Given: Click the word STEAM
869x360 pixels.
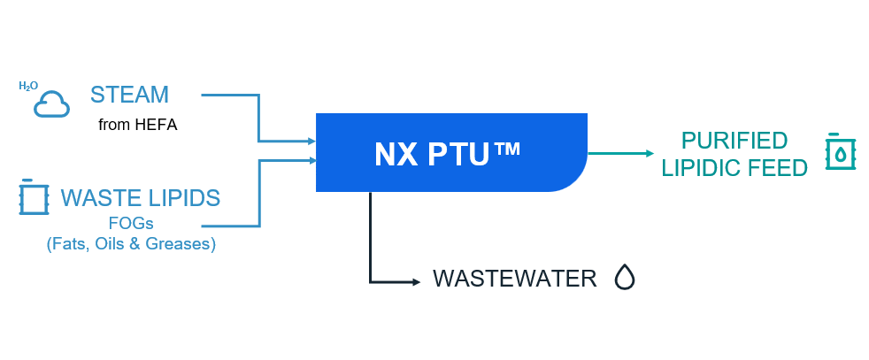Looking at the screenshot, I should click(x=129, y=94).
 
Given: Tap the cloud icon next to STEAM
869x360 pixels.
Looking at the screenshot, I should click(x=51, y=104).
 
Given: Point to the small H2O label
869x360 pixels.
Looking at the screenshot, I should click(x=28, y=86).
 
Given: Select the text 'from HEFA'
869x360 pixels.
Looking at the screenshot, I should click(x=137, y=125).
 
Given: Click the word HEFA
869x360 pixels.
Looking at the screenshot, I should click(x=156, y=125).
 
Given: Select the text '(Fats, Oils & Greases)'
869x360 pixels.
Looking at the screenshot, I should click(x=131, y=244).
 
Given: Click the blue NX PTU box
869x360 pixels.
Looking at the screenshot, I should click(x=451, y=152).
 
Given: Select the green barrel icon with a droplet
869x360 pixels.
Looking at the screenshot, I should click(x=839, y=152).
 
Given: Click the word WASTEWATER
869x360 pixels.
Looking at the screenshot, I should click(x=514, y=280).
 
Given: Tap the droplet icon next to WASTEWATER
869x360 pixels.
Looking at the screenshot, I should click(x=625, y=279).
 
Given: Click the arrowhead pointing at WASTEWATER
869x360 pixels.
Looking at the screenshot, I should click(x=416, y=282).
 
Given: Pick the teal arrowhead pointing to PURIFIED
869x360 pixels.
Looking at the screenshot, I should click(x=649, y=153).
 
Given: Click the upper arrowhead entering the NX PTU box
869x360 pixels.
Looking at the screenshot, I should click(x=311, y=141).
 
